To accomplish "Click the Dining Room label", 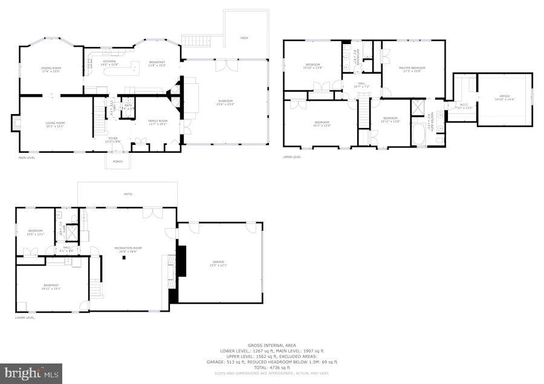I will coord(52,68).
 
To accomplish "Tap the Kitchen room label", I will coord(109,62).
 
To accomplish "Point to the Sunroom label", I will coord(225,101).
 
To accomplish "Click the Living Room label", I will coord(55,123).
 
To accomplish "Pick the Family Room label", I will coord(158,121).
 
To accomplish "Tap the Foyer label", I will coord(113,138).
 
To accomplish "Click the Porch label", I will coord(117,161).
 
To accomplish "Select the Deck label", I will coord(244,38).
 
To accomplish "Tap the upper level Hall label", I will coord(361,83).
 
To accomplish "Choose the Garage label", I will coord(218,262).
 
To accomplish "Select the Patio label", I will coord(128,194).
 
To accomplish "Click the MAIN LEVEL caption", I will coord(26,158).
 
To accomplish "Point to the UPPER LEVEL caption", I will coord(292,157).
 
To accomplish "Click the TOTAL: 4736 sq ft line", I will coord(277,367).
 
